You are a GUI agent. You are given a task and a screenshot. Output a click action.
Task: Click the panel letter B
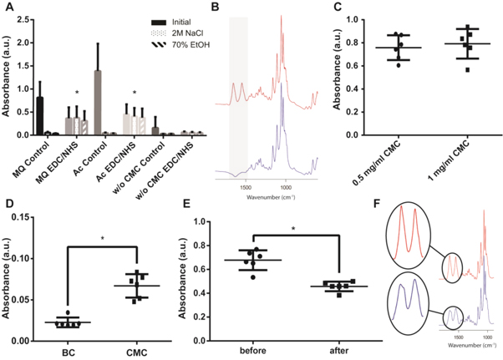coord(214,7)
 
